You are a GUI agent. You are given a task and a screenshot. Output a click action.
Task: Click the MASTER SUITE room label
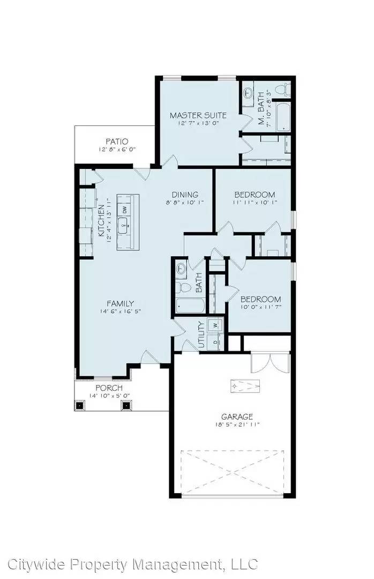click(x=198, y=115)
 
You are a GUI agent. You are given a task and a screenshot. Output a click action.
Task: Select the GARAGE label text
click(x=237, y=417)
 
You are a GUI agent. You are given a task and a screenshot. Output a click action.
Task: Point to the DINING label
click(x=185, y=195)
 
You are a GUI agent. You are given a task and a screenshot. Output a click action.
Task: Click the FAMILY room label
click(x=120, y=303)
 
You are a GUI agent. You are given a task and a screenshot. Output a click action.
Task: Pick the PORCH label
click(x=109, y=388)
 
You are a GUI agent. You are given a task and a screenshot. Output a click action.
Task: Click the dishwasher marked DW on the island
click(x=124, y=209)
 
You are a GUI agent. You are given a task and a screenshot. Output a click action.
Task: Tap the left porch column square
click(x=80, y=405)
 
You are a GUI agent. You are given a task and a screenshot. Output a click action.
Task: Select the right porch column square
click(x=126, y=405)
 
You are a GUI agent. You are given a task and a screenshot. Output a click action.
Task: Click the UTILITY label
click(x=201, y=335)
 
